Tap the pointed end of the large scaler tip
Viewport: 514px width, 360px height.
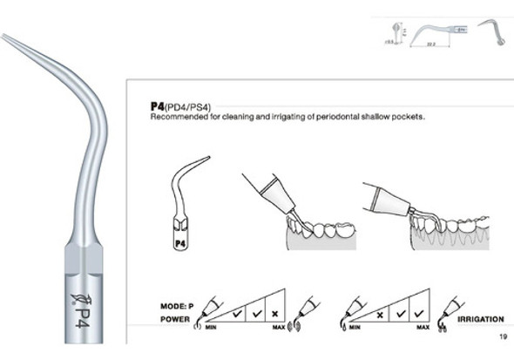3,37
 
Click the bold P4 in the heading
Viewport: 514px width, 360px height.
158,105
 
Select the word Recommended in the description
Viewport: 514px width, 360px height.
176,116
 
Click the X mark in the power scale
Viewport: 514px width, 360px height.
276,311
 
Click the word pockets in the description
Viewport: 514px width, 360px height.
409,116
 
